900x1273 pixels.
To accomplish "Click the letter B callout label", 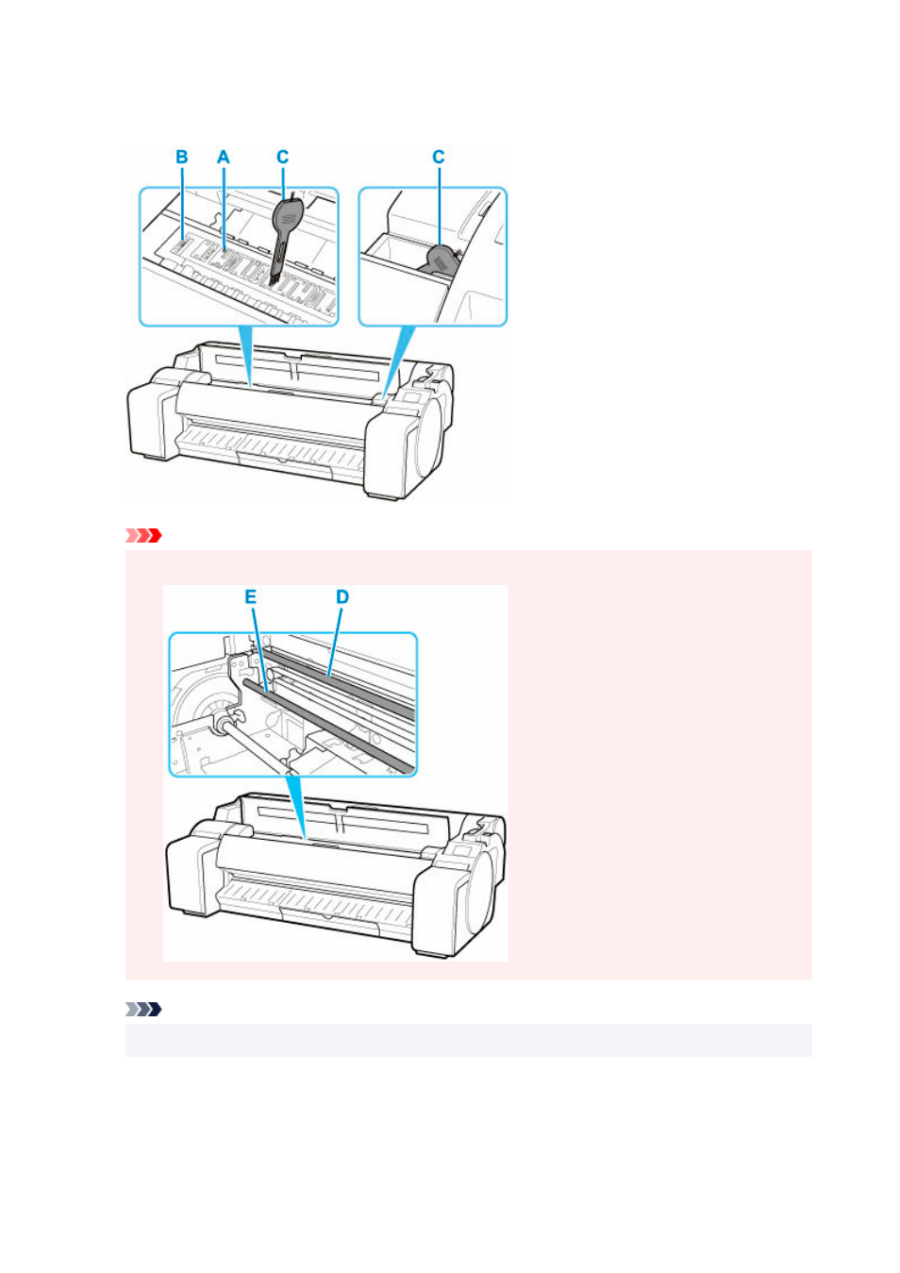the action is tap(182, 157).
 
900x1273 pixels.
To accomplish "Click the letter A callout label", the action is tap(224, 157).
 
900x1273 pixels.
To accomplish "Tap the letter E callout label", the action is tap(251, 596).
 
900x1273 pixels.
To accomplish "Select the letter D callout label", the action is tap(342, 596).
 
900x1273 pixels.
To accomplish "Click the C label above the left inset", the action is tap(282, 157).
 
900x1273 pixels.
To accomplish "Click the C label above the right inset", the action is tap(438, 157).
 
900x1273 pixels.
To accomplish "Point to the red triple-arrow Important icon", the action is tap(143, 535).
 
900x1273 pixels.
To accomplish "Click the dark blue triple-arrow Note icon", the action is tap(143, 1010).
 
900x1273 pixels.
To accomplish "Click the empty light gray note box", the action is tap(468, 1041).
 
